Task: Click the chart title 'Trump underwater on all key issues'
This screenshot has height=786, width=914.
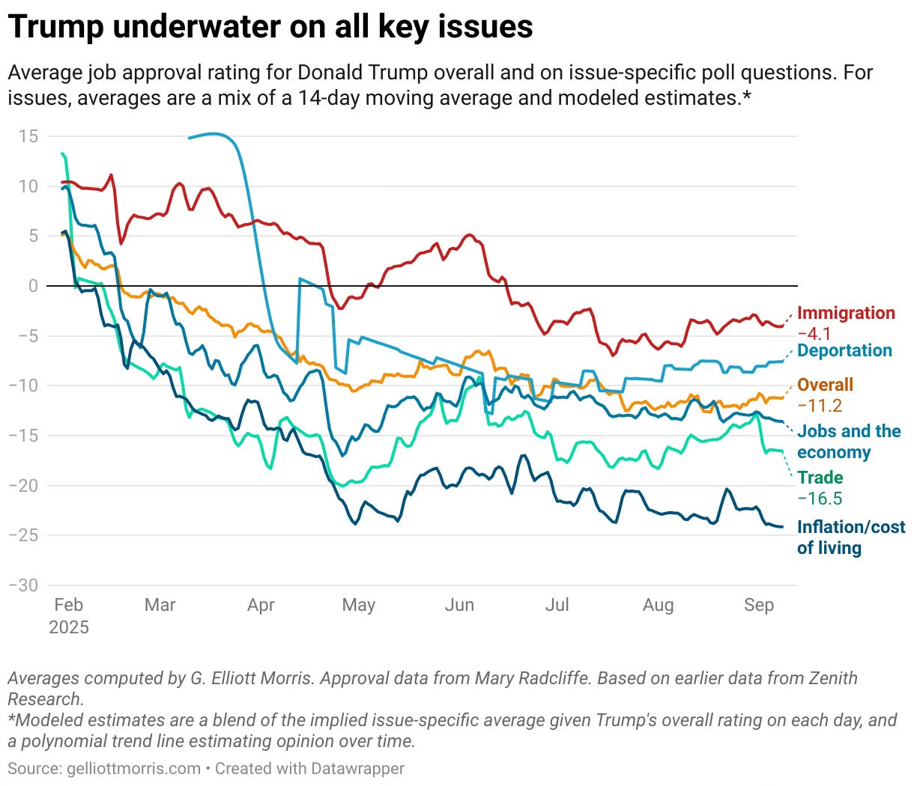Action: pos(270,27)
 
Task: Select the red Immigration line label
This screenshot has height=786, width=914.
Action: pos(846,313)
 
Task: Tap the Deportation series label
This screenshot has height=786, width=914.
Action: pos(844,350)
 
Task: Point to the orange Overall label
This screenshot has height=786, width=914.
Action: pos(825,385)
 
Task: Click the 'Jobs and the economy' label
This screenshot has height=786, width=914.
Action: pos(848,442)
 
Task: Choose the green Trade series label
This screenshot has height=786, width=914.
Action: pos(820,478)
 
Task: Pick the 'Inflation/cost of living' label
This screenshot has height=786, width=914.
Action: pos(850,537)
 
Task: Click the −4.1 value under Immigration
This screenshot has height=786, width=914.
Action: pos(814,333)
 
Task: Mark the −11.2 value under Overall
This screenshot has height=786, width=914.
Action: pos(820,406)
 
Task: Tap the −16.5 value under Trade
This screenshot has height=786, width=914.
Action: pos(820,499)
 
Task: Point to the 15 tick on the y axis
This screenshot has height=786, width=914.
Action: pos(28,136)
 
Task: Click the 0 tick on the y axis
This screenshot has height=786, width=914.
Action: pos(33,286)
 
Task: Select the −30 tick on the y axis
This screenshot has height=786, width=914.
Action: pos(23,585)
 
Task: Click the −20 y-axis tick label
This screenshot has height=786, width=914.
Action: pos(23,485)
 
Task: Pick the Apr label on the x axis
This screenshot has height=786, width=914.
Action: pos(261,605)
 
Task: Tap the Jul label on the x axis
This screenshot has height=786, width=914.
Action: pos(557,605)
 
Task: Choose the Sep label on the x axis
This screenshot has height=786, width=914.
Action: pos(759,605)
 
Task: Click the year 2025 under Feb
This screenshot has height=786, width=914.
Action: pos(69,627)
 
